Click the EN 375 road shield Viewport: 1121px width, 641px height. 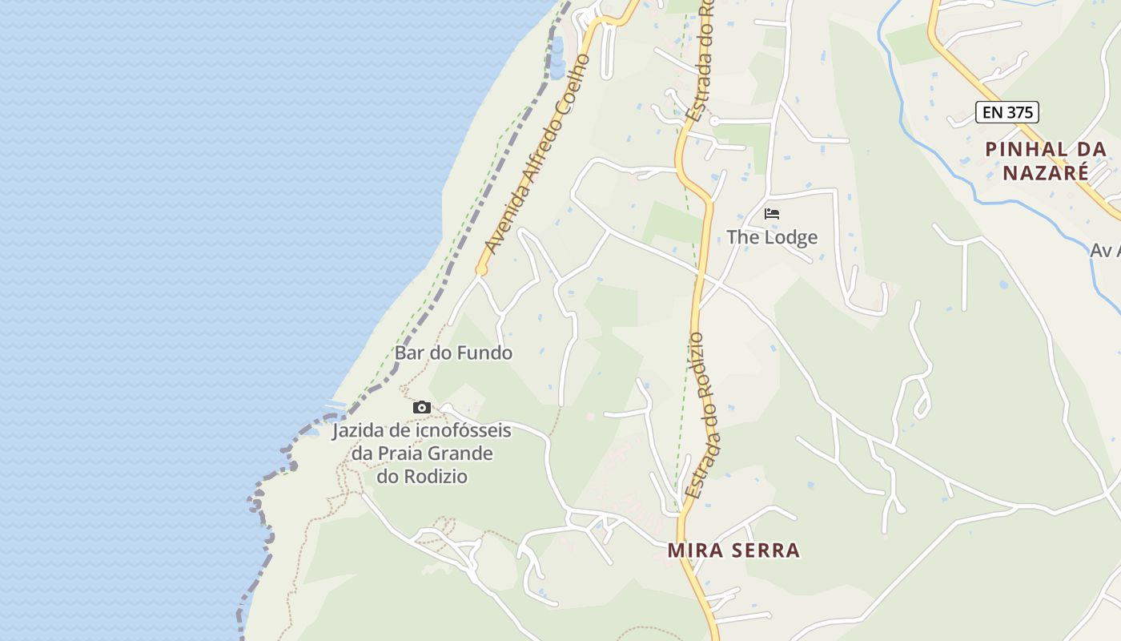point(1007,112)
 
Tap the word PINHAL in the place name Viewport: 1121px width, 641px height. point(1026,149)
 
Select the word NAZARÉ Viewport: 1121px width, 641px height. point(1046,172)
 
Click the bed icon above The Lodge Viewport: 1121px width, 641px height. point(772,214)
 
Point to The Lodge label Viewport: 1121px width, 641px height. point(772,237)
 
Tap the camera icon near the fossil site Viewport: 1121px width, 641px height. point(422,408)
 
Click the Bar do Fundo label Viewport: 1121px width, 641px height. point(453,353)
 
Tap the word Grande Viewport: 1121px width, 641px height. point(465,454)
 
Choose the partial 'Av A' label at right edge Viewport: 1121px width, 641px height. point(1105,251)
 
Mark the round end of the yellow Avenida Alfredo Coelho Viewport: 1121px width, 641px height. point(481,271)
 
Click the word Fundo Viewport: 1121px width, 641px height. point(484,353)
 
